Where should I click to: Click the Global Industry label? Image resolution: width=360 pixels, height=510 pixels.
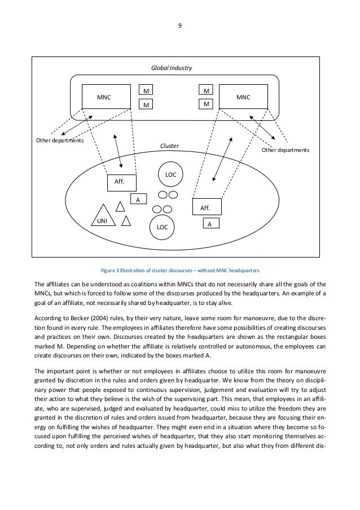coord(171,68)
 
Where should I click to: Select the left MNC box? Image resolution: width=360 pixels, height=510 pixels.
coord(104,97)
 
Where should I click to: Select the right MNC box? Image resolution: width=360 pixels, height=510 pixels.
coord(243,97)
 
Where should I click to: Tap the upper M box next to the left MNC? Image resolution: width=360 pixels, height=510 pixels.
coord(146,90)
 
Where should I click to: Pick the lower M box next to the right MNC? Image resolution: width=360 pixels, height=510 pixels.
coord(207,104)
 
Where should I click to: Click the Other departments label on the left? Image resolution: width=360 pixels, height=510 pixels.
coord(58,140)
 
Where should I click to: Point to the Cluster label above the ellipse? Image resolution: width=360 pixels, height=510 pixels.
coord(170,146)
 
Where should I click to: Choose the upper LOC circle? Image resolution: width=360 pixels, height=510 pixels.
coord(170,175)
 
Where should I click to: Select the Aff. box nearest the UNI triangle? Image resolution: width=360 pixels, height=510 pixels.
coord(119,182)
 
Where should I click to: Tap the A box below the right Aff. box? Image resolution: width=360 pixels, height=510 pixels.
coord(209,224)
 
